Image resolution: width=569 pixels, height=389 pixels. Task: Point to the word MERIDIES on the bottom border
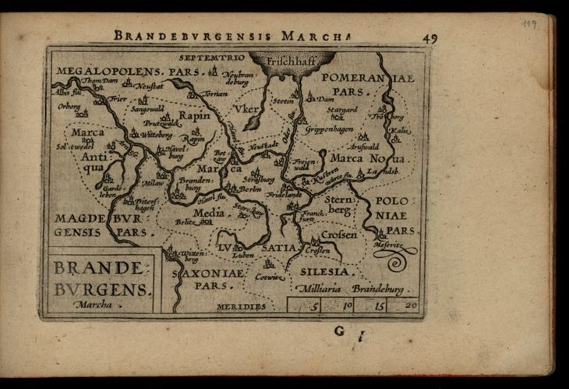[x=242, y=306]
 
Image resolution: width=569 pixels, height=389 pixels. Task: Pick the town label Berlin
[x=249, y=189]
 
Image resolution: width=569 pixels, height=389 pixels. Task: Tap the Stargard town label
[x=342, y=110]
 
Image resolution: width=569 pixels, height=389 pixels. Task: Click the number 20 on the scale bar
[x=410, y=305]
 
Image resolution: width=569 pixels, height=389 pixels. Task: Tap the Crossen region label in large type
[x=338, y=234]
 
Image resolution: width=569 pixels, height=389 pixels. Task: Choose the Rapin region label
[x=194, y=115]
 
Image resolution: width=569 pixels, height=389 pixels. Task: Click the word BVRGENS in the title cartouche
[x=101, y=289]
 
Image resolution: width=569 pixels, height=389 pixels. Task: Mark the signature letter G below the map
[x=339, y=331]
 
